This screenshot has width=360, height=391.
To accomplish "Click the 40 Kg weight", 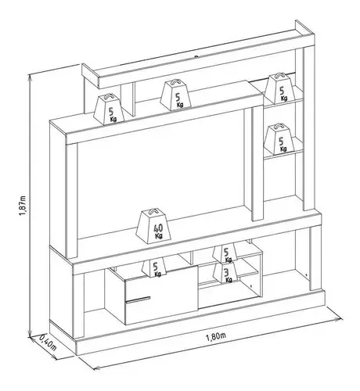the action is point(153,226).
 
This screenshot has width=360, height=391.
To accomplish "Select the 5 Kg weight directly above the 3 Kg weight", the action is point(225,253).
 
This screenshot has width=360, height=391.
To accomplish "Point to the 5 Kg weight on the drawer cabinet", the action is point(154,267).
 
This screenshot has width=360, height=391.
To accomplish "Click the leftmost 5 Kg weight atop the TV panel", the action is point(109,109).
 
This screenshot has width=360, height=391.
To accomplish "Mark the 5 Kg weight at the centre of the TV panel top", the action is point(175,95).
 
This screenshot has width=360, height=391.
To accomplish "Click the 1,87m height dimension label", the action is point(23,205).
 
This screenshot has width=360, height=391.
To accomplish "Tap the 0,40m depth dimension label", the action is point(48,343).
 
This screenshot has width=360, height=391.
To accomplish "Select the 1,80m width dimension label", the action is point(216,337).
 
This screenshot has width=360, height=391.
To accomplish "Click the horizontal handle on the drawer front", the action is point(138,300).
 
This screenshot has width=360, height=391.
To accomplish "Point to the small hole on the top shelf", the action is point(196,56).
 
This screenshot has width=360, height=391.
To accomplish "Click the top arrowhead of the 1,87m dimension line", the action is point(30,76).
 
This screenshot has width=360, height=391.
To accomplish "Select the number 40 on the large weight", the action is point(158,228).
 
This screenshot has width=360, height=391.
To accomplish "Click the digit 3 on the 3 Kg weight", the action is point(226,273).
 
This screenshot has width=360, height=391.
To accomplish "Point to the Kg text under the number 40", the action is point(158,236).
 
